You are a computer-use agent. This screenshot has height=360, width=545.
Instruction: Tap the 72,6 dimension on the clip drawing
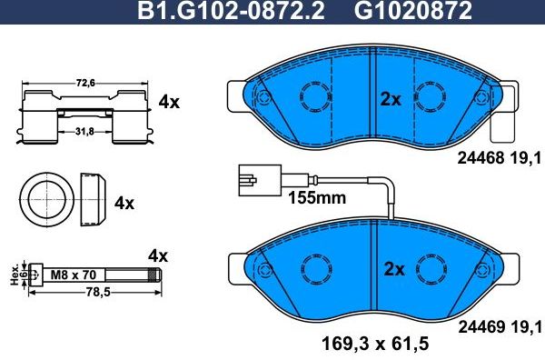tap(84, 84)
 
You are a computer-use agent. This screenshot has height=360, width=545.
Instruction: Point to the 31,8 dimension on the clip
tap(84, 130)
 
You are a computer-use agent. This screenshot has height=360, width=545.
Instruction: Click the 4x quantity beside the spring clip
tap(170, 103)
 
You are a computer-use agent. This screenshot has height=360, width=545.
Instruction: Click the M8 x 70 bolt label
tap(73, 272)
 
